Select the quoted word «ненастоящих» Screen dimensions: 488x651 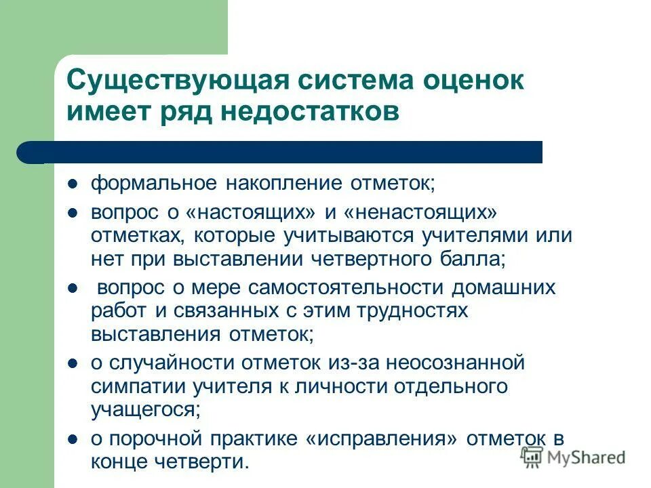(x=420, y=213)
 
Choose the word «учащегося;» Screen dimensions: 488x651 (x=146, y=409)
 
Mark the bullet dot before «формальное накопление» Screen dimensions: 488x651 (x=74, y=184)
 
